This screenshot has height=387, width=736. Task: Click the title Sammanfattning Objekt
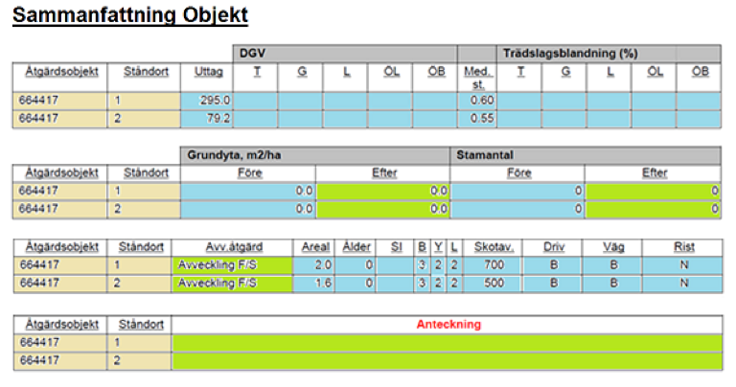point(130,15)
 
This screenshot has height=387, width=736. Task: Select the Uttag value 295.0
point(215,101)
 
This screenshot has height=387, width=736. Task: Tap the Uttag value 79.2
point(218,118)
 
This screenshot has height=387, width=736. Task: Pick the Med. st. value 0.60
point(482,101)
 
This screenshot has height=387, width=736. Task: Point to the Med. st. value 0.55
point(482,118)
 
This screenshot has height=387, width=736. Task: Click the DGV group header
point(253,54)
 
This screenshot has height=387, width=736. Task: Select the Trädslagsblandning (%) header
point(570,54)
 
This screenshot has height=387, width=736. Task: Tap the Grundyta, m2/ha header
point(234,155)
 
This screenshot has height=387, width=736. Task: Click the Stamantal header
point(485,155)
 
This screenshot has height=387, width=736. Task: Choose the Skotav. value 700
point(494,265)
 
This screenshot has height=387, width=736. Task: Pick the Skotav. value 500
point(494,283)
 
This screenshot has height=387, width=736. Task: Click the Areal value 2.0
point(323,265)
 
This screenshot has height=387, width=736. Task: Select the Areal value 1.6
point(323,283)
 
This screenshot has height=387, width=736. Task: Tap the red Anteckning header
point(448,324)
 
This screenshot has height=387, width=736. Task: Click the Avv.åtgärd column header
point(234,247)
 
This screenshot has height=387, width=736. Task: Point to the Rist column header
point(684,247)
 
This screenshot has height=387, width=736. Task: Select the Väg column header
point(613,247)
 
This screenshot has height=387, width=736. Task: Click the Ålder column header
point(356,247)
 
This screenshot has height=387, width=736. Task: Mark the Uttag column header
point(208,72)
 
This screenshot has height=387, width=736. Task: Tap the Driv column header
point(554,247)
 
